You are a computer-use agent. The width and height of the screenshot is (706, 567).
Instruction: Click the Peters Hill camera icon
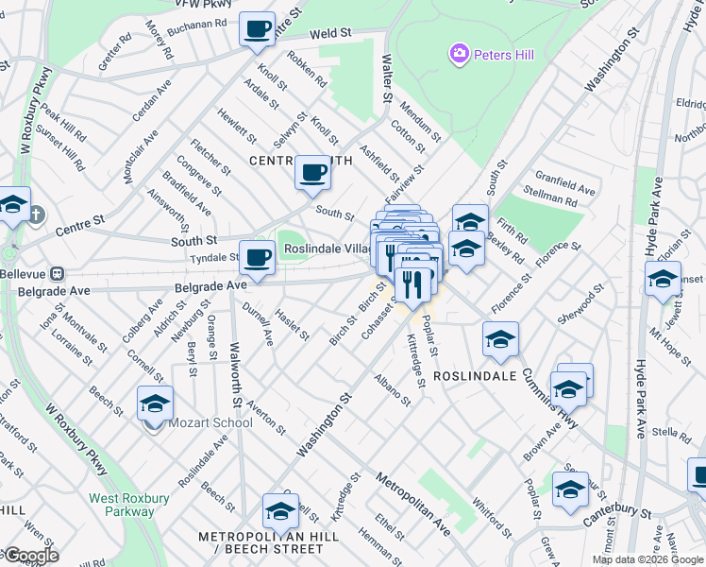tap(460, 54)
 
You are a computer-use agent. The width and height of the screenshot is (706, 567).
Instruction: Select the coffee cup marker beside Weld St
tap(256, 30)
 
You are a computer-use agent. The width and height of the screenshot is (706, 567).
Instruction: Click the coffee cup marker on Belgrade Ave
tap(256, 257)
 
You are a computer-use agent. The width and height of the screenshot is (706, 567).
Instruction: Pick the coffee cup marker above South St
tap(311, 173)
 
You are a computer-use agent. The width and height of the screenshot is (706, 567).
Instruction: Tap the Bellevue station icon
tap(58, 273)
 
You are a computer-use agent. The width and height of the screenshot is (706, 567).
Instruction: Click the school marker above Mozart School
tap(155, 404)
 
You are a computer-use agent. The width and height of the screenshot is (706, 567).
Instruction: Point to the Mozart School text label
tap(210, 422)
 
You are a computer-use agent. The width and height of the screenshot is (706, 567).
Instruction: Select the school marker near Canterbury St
tap(570, 490)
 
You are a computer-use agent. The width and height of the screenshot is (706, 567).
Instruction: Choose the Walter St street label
tap(386, 77)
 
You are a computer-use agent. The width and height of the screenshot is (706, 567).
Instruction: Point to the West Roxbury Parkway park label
tap(122, 505)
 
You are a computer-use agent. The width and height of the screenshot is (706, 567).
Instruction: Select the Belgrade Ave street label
tap(210, 283)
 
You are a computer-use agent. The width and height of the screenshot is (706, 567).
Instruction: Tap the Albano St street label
tap(392, 389)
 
